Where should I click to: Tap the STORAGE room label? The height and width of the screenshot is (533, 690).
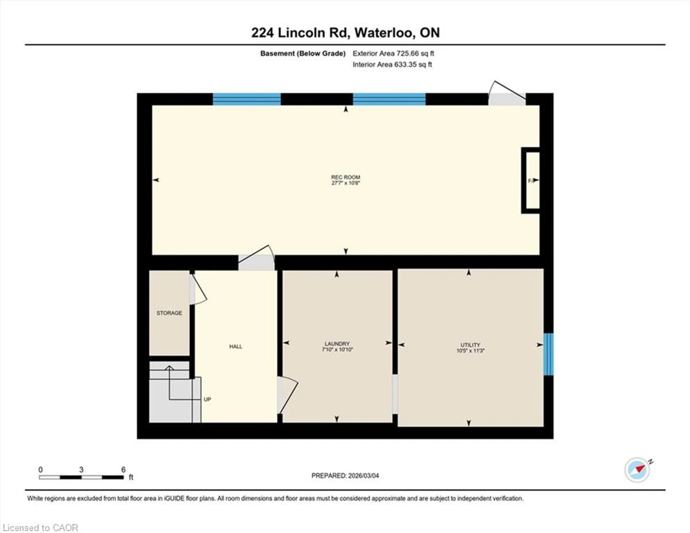point(169,313)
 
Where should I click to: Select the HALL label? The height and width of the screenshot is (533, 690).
point(236,347)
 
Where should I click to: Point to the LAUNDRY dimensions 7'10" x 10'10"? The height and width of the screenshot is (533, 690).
point(337,350)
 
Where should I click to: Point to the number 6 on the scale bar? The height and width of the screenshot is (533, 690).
point(123,469)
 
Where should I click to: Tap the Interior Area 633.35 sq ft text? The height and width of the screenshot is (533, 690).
point(392,65)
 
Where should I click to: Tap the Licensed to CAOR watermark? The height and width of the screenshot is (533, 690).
point(40,528)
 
